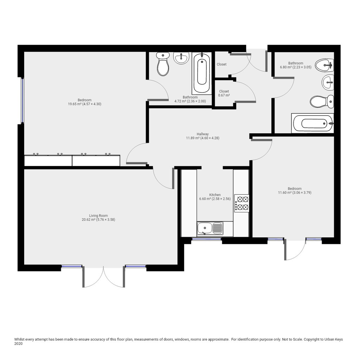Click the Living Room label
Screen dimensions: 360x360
pyautogui.click(x=98, y=216)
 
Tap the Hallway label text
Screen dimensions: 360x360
pyautogui.click(x=202, y=134)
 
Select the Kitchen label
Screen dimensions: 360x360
pyautogui.click(x=215, y=195)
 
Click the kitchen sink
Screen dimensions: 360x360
pyautogui.click(x=210, y=229)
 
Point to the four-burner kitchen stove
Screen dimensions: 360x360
pyautogui.click(x=242, y=203)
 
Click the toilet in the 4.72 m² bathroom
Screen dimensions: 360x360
pyautogui.click(x=163, y=64)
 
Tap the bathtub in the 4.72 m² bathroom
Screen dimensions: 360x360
pyautogui.click(x=202, y=73)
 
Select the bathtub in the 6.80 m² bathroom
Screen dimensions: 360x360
pyautogui.click(x=313, y=123)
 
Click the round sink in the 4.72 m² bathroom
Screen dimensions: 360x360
pyautogui.click(x=181, y=58)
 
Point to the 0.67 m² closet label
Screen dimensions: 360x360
pyautogui.click(x=224, y=93)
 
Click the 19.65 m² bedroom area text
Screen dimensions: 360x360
pyautogui.click(x=84, y=104)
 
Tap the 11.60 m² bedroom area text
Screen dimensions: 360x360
pyautogui.click(x=295, y=193)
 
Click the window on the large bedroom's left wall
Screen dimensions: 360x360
pyautogui.click(x=22, y=101)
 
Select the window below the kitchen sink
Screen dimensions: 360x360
pyautogui.click(x=207, y=239)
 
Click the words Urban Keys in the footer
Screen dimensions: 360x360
pyautogui.click(x=333, y=339)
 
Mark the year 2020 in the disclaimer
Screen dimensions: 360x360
pyautogui.click(x=18, y=344)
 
